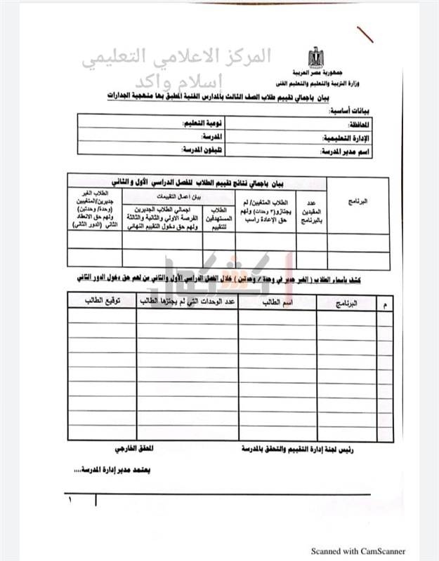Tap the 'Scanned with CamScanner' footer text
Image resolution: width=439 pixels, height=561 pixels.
pos(358,551)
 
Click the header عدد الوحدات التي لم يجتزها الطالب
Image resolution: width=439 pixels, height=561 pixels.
pos(187,301)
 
